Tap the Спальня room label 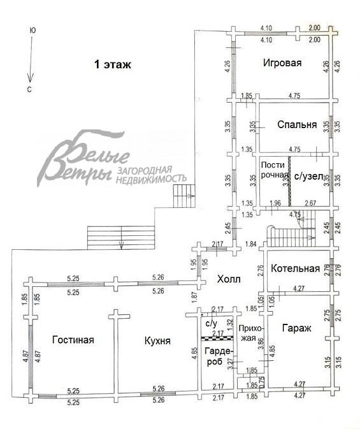[297, 125]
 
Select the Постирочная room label [274, 170]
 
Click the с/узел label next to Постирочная [310, 176]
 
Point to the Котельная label [295, 268]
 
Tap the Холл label [229, 279]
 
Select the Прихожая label [250, 333]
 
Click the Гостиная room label [73, 340]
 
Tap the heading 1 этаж [112, 64]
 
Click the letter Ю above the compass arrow [32, 30]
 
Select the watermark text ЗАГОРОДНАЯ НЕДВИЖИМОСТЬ [150, 175]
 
